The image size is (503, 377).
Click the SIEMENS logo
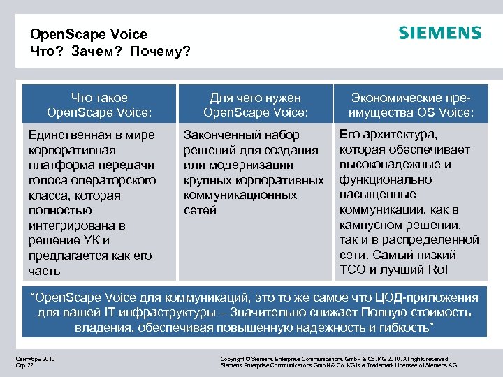(440, 33)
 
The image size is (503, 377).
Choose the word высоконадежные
(388, 165)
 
